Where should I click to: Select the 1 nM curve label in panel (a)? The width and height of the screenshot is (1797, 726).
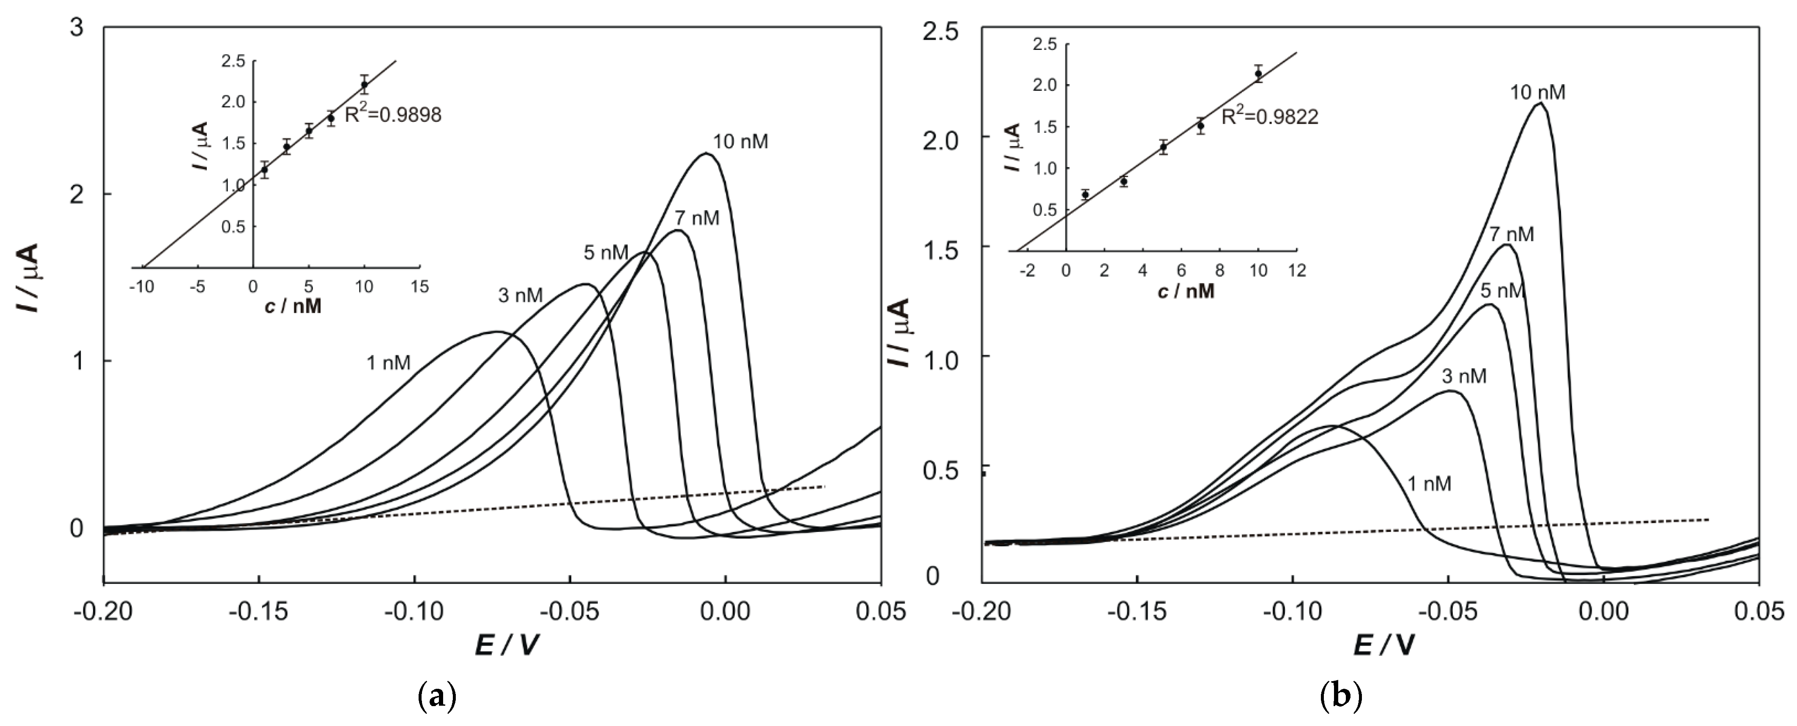click(x=389, y=363)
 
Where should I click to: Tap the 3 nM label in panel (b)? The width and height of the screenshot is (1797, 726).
click(x=1464, y=377)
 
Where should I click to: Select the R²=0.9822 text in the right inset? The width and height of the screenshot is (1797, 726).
click(x=1270, y=116)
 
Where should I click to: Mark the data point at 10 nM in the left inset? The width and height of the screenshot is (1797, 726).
click(x=364, y=85)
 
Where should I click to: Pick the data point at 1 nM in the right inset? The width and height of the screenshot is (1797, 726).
click(x=1085, y=195)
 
